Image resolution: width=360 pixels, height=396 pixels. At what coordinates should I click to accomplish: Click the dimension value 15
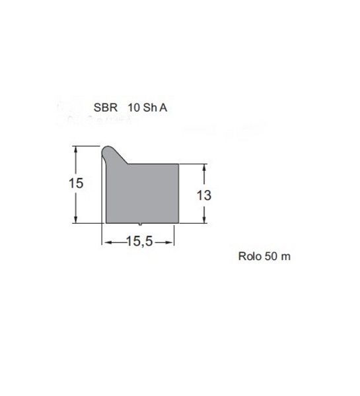tap(76, 183)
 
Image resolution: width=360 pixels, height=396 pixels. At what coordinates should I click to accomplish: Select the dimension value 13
tap(204, 195)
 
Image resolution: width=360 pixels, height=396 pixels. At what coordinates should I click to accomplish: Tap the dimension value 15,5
tap(139, 241)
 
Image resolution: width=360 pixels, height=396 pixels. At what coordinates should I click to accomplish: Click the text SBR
tap(106, 108)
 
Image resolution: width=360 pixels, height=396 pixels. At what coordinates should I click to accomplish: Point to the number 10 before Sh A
tap(134, 108)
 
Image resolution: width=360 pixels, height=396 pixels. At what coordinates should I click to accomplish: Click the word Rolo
tap(250, 256)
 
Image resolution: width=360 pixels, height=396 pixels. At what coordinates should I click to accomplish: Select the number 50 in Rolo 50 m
tap(271, 256)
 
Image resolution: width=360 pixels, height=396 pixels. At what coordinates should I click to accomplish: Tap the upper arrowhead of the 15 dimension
tap(75, 150)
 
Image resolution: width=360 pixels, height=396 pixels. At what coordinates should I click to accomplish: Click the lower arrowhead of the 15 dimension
tap(75, 219)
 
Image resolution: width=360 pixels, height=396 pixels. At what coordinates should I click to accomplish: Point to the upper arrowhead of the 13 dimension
tap(204, 168)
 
